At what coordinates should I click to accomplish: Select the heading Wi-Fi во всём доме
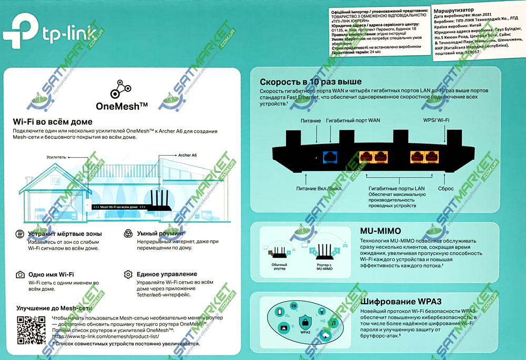53,122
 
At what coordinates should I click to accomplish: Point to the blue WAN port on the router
330,156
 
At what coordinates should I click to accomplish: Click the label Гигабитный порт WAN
353,121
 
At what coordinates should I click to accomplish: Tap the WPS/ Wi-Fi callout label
437,121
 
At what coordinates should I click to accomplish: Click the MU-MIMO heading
380,231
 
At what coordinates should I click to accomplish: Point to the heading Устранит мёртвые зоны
65,233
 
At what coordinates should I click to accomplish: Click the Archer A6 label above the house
187,155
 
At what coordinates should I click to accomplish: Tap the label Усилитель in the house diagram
56,157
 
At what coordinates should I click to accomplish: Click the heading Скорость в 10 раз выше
311,82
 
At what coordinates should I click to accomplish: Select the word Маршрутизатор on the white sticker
452,9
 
